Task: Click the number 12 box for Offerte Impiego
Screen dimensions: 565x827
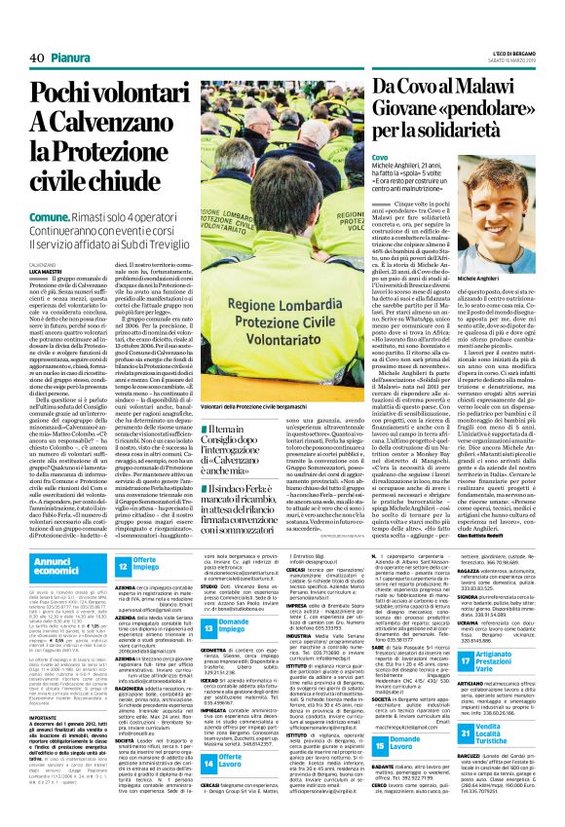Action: coord(124,566)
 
